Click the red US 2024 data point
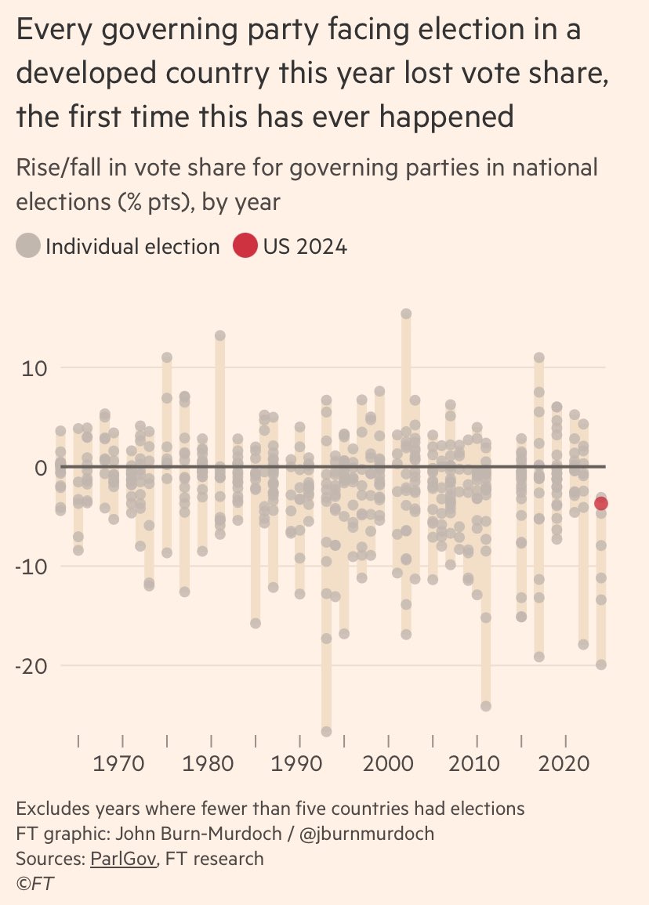point(601,503)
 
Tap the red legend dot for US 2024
point(245,247)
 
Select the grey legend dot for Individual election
point(28,247)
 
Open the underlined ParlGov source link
point(120,859)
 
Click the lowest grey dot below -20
point(327,731)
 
